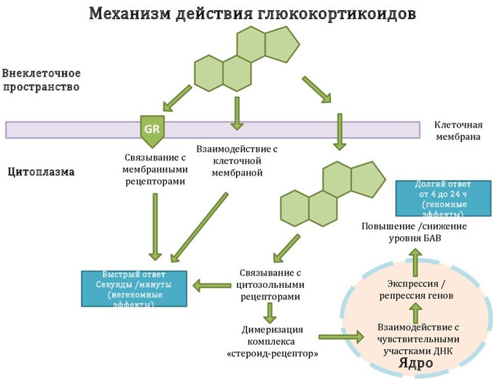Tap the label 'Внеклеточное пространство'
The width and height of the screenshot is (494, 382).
(41, 80)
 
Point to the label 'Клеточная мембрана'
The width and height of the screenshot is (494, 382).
(457, 130)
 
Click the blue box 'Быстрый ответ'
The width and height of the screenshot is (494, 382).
(134, 289)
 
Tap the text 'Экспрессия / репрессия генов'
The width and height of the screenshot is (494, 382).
(416, 289)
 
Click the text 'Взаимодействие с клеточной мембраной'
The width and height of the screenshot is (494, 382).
(237, 160)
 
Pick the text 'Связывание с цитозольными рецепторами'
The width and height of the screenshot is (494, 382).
(270, 285)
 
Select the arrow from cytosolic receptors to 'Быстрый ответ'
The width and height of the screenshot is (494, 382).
(211, 286)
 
